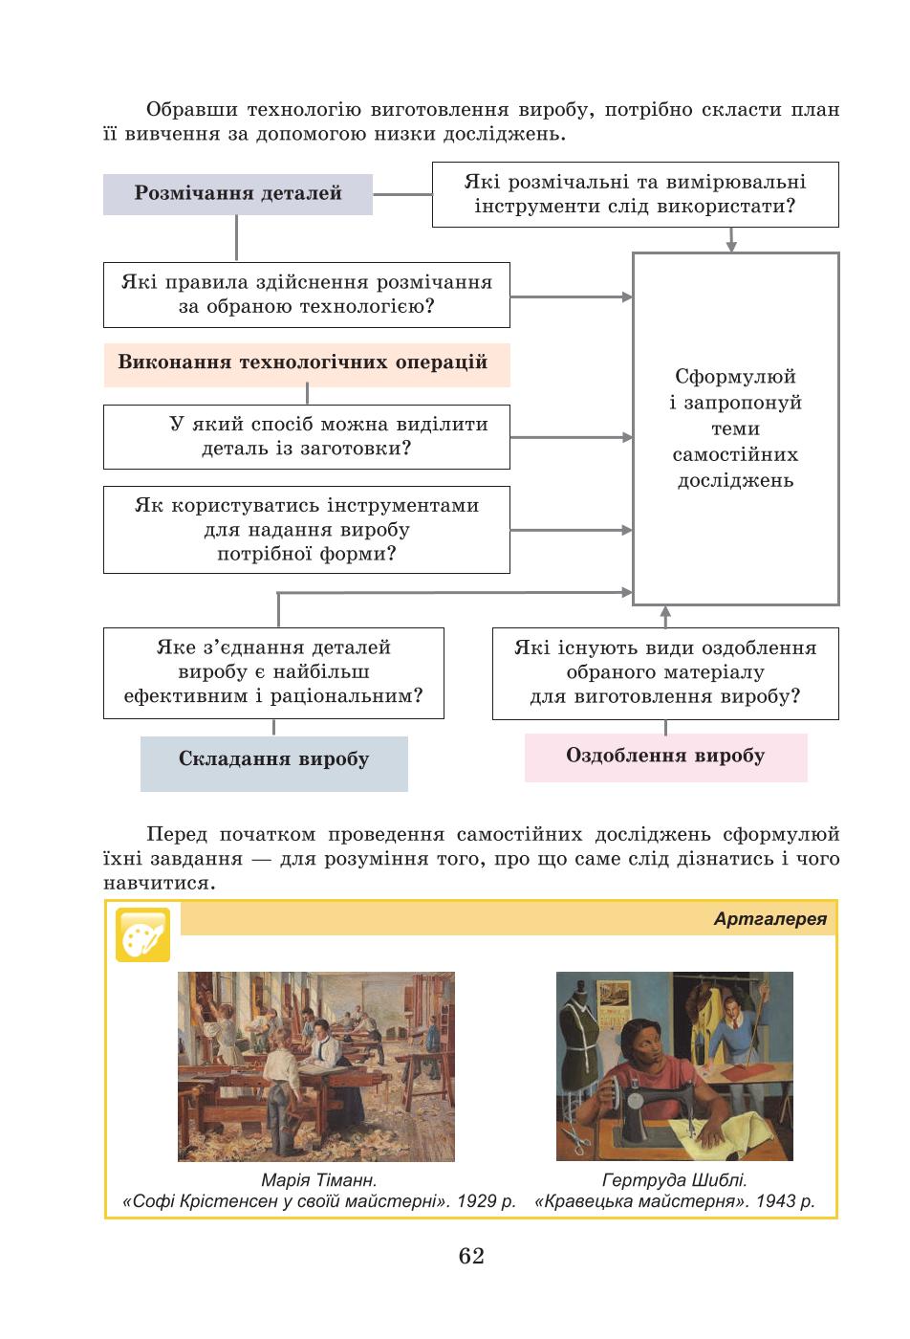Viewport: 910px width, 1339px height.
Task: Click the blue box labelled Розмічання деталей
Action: [x=238, y=194]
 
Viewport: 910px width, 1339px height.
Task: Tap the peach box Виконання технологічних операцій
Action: [x=307, y=364]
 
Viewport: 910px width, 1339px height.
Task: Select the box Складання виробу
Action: [x=274, y=763]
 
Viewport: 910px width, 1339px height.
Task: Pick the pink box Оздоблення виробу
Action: [x=665, y=757]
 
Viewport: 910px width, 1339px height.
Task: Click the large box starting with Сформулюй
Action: [x=735, y=428]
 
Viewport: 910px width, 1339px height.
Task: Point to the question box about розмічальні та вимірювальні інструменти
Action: [x=635, y=194]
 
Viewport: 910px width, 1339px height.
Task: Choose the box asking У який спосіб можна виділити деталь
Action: [x=307, y=437]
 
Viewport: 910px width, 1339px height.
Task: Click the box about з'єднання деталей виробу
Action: [x=273, y=673]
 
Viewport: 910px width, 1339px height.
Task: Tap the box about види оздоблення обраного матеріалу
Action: [x=665, y=673]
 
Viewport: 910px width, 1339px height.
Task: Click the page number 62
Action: [x=471, y=1256]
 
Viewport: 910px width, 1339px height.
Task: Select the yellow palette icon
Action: [x=142, y=935]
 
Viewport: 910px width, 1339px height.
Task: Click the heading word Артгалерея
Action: [x=769, y=919]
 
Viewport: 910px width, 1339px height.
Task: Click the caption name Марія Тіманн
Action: [x=318, y=1180]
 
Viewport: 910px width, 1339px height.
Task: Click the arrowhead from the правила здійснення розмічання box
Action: [x=627, y=297]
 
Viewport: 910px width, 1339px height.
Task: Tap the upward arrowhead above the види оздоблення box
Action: [x=665, y=611]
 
